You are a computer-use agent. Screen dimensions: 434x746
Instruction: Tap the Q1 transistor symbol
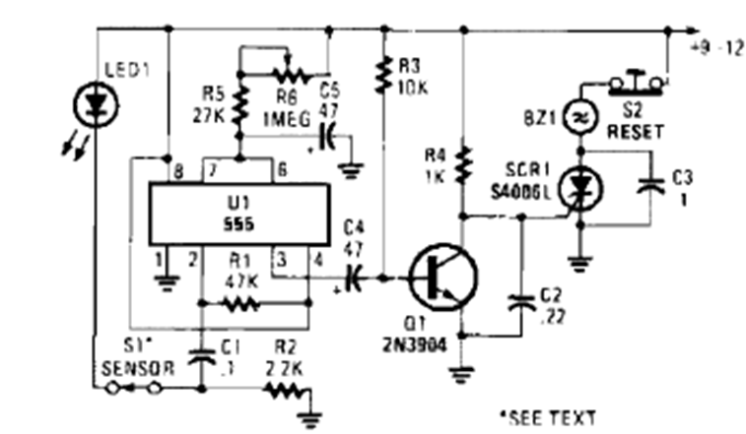click(x=441, y=279)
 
